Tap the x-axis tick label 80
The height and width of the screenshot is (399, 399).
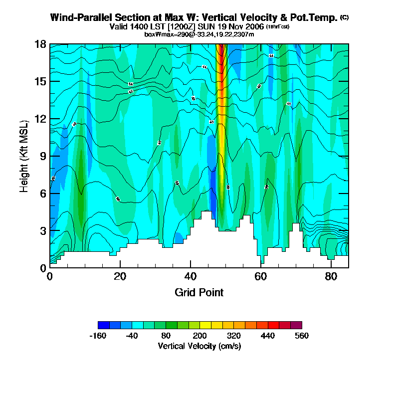[331, 276]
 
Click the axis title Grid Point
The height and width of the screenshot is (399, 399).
[199, 292]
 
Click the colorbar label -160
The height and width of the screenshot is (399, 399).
[98, 336]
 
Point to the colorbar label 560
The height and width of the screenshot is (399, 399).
[302, 336]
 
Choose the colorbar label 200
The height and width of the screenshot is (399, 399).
[200, 336]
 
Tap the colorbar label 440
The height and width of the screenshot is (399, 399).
[268, 336]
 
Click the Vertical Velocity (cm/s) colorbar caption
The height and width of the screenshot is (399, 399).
[199, 346]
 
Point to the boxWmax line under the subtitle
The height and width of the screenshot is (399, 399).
[199, 34]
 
